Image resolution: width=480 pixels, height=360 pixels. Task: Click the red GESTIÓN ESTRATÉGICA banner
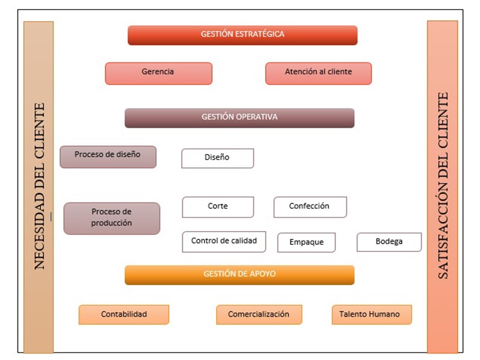pyautogui.click(x=242, y=35)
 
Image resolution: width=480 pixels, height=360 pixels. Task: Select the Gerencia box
pyautogui.click(x=158, y=73)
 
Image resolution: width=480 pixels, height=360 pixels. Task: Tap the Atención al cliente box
pyautogui.click(x=319, y=73)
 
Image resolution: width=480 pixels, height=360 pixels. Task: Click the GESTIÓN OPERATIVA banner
pyautogui.click(x=239, y=118)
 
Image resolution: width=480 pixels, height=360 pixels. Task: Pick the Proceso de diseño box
pyautogui.click(x=108, y=157)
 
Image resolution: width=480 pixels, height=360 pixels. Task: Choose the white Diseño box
pyautogui.click(x=218, y=158)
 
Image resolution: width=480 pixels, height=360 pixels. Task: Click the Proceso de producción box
pyautogui.click(x=112, y=218)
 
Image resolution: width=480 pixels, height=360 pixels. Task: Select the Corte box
pyautogui.click(x=218, y=207)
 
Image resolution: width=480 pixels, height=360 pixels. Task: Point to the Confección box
pyautogui.click(x=310, y=207)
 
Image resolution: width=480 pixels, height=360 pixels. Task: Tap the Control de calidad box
pyautogui.click(x=224, y=242)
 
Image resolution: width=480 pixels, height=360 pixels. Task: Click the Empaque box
pyautogui.click(x=307, y=242)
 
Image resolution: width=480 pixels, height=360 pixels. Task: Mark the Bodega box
pyautogui.click(x=389, y=242)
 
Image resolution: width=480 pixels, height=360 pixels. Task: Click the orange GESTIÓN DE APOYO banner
pyautogui.click(x=239, y=275)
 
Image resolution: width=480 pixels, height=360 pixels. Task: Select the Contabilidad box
pyautogui.click(x=124, y=314)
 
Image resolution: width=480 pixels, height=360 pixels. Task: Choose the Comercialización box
pyautogui.click(x=259, y=314)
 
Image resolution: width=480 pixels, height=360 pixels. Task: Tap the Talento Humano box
pyautogui.click(x=371, y=314)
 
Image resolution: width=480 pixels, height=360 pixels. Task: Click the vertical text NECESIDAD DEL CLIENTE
pyautogui.click(x=40, y=186)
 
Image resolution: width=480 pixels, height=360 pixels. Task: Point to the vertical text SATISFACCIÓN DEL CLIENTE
pyautogui.click(x=443, y=185)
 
